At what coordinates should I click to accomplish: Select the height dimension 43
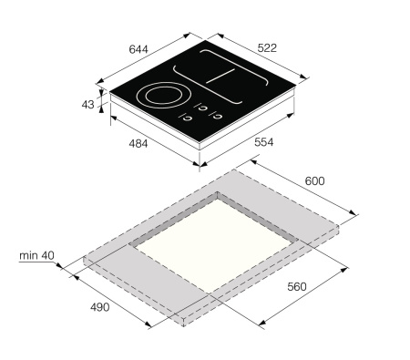point(88,105)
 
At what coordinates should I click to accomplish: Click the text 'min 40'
point(36,256)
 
